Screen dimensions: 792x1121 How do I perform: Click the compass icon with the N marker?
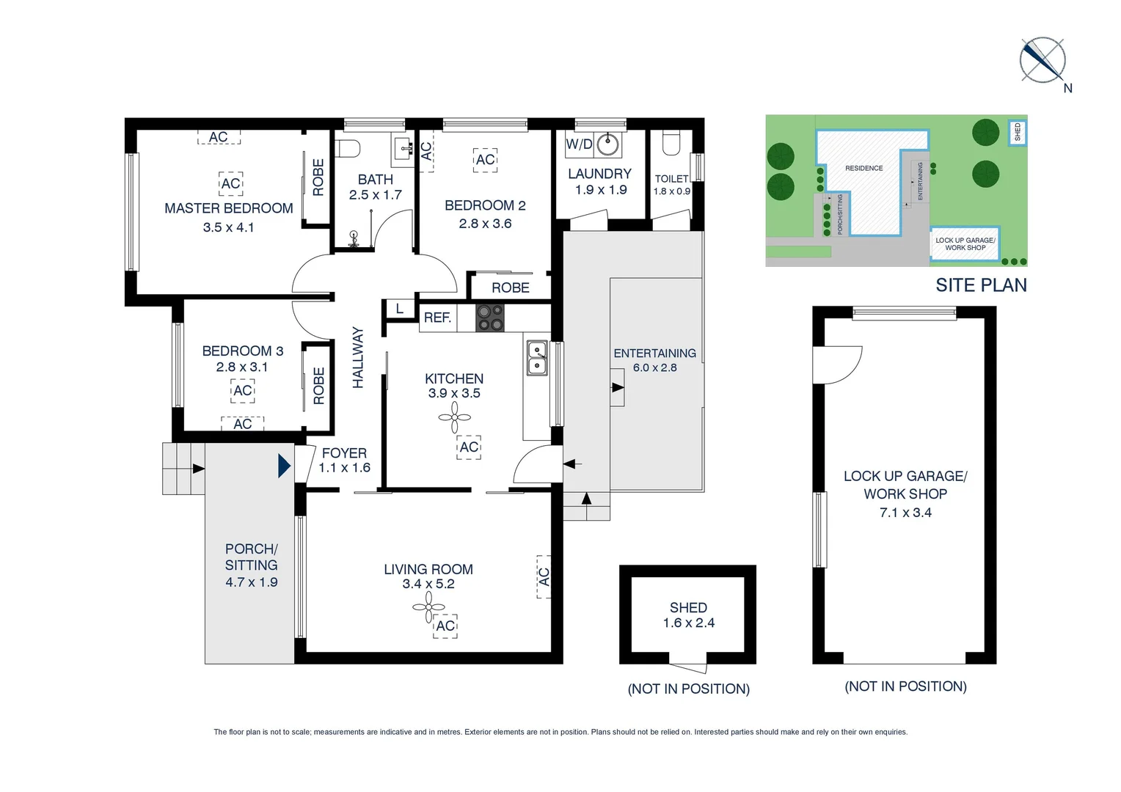coord(1043,60)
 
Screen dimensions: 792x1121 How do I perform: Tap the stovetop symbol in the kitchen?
coord(490,318)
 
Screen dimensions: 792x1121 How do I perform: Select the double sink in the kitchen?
coord(537,358)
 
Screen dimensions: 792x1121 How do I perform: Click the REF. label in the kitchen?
coord(437,318)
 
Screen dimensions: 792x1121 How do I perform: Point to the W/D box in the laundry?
coord(579,144)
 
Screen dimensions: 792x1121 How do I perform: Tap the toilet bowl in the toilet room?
coord(671,144)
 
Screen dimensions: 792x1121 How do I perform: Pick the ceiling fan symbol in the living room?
coord(428,607)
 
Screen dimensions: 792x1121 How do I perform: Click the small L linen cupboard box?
coord(399,309)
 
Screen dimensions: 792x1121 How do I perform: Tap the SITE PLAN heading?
coord(981,285)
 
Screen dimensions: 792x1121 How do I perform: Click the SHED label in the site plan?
coord(1018,133)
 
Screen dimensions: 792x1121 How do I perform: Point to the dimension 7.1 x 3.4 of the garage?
coord(905,513)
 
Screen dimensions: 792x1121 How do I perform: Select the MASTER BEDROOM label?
coord(229,208)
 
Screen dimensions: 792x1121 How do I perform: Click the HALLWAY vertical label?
coord(358,357)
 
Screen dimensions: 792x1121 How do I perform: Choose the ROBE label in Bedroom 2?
coord(511,287)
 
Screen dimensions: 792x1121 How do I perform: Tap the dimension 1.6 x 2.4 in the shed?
coord(688,623)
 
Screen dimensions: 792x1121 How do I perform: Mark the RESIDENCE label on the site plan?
coord(863,168)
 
